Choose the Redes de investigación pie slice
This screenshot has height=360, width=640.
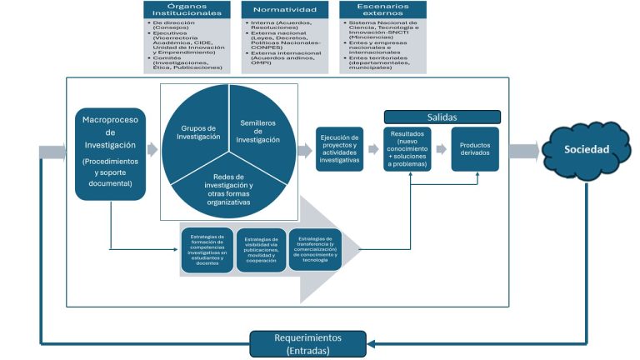(228, 188)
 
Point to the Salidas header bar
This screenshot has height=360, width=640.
(442, 117)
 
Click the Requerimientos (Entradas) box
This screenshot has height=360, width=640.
(310, 343)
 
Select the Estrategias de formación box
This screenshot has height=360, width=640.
(207, 249)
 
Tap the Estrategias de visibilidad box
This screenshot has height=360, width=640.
(261, 249)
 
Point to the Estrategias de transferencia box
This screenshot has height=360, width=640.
(315, 249)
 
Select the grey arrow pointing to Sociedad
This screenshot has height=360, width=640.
(524, 151)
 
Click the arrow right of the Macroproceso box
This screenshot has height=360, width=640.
(152, 150)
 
